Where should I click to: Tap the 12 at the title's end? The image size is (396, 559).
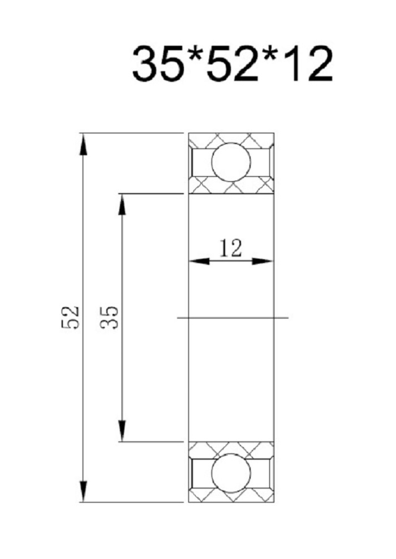[308, 64]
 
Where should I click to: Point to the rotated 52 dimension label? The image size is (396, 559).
[70, 317]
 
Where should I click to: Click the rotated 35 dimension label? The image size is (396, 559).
[109, 317]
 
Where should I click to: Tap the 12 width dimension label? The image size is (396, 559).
[231, 248]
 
